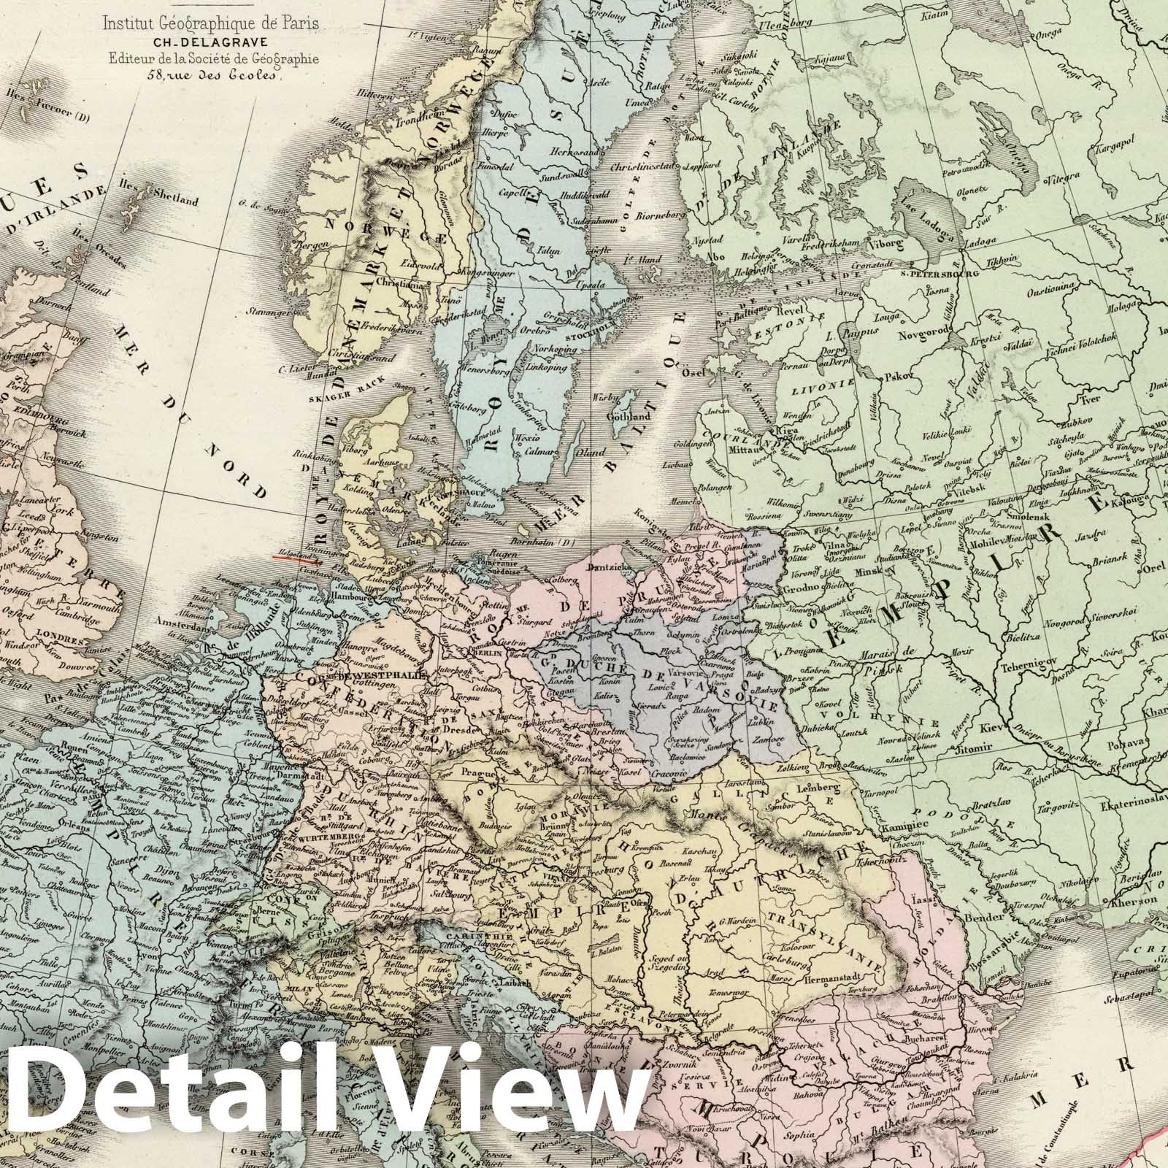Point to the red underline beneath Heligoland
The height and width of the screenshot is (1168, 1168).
coord(297,560)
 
